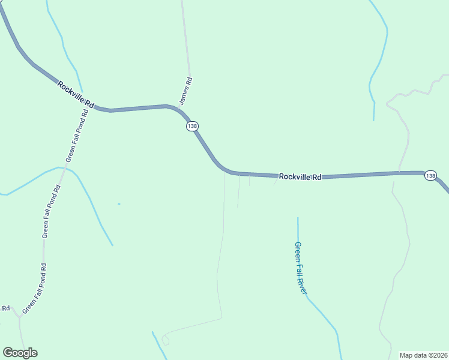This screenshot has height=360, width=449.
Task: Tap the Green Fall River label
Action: tap(301, 268)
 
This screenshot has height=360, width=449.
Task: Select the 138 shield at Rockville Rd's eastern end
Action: tap(430, 175)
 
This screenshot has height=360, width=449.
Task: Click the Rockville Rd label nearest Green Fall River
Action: tap(300, 177)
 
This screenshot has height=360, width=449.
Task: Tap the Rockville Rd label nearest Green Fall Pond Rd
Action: tap(76, 94)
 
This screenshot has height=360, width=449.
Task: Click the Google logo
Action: tap(20, 353)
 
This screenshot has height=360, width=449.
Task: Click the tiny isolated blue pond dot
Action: tap(119, 204)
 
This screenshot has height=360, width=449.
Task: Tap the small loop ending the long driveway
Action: tap(166, 340)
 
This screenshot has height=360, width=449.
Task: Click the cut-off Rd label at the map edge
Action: tap(5, 308)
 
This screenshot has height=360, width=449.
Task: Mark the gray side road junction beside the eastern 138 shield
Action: tap(399, 172)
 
